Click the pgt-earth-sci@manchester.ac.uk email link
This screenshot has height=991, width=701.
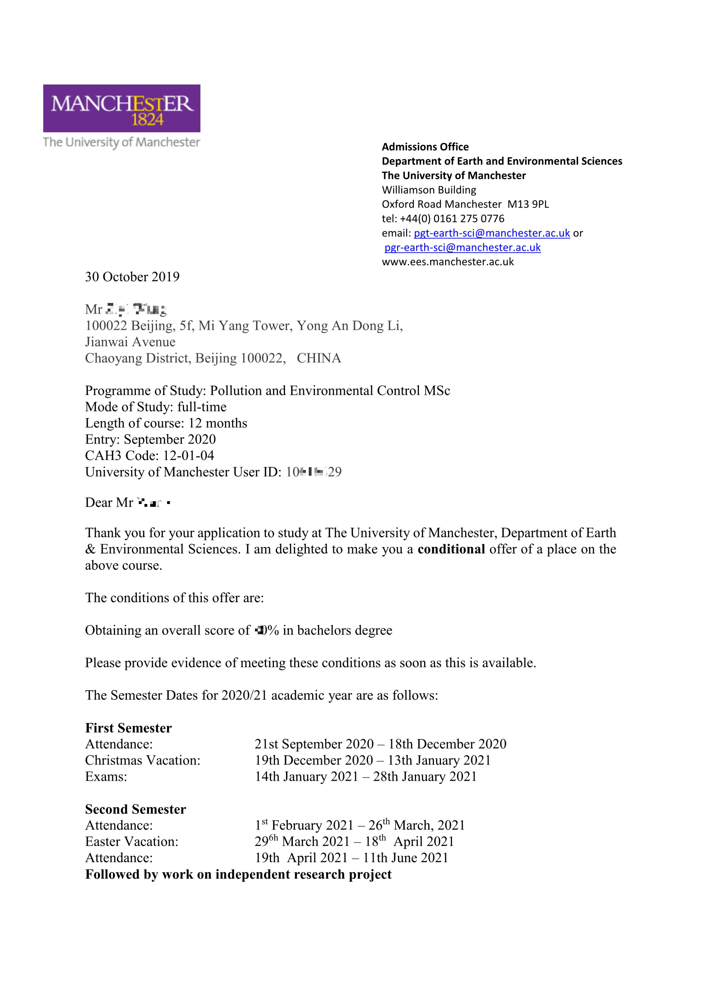pos(492,233)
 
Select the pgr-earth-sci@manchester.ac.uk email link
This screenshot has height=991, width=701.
pos(462,247)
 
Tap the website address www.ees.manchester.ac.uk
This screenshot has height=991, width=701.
pos(448,262)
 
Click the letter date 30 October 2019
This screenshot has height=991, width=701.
pos(132,277)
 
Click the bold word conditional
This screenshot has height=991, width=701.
pos(451,549)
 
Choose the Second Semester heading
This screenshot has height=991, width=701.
pos(136,809)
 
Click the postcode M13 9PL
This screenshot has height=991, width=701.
pos(528,204)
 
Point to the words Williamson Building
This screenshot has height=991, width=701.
pos(429,190)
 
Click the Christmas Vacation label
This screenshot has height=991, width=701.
pos(142,760)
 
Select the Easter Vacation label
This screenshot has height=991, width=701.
pos(132,841)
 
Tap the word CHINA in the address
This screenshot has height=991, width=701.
pos(319,358)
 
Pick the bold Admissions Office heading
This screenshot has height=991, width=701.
pos(425,147)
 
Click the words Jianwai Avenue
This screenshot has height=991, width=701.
pos(130,342)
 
